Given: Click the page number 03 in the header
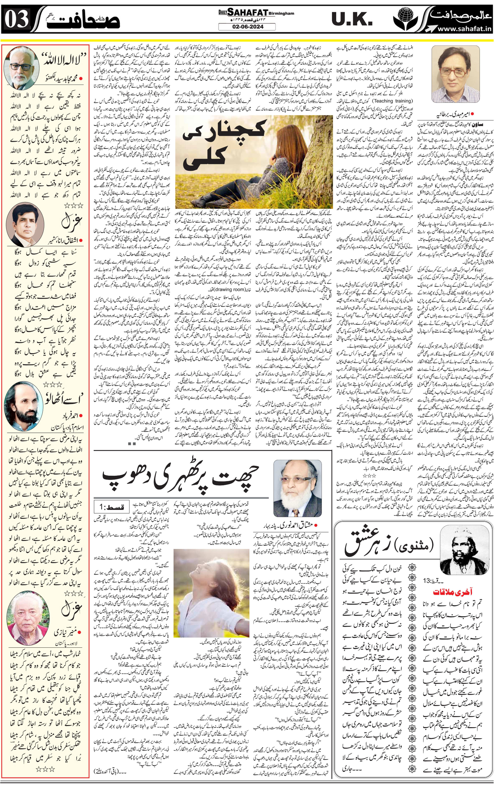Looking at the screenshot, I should click(17, 19).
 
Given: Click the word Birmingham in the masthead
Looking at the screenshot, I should click(281, 13).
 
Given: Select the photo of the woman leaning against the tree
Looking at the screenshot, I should click(254, 162).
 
